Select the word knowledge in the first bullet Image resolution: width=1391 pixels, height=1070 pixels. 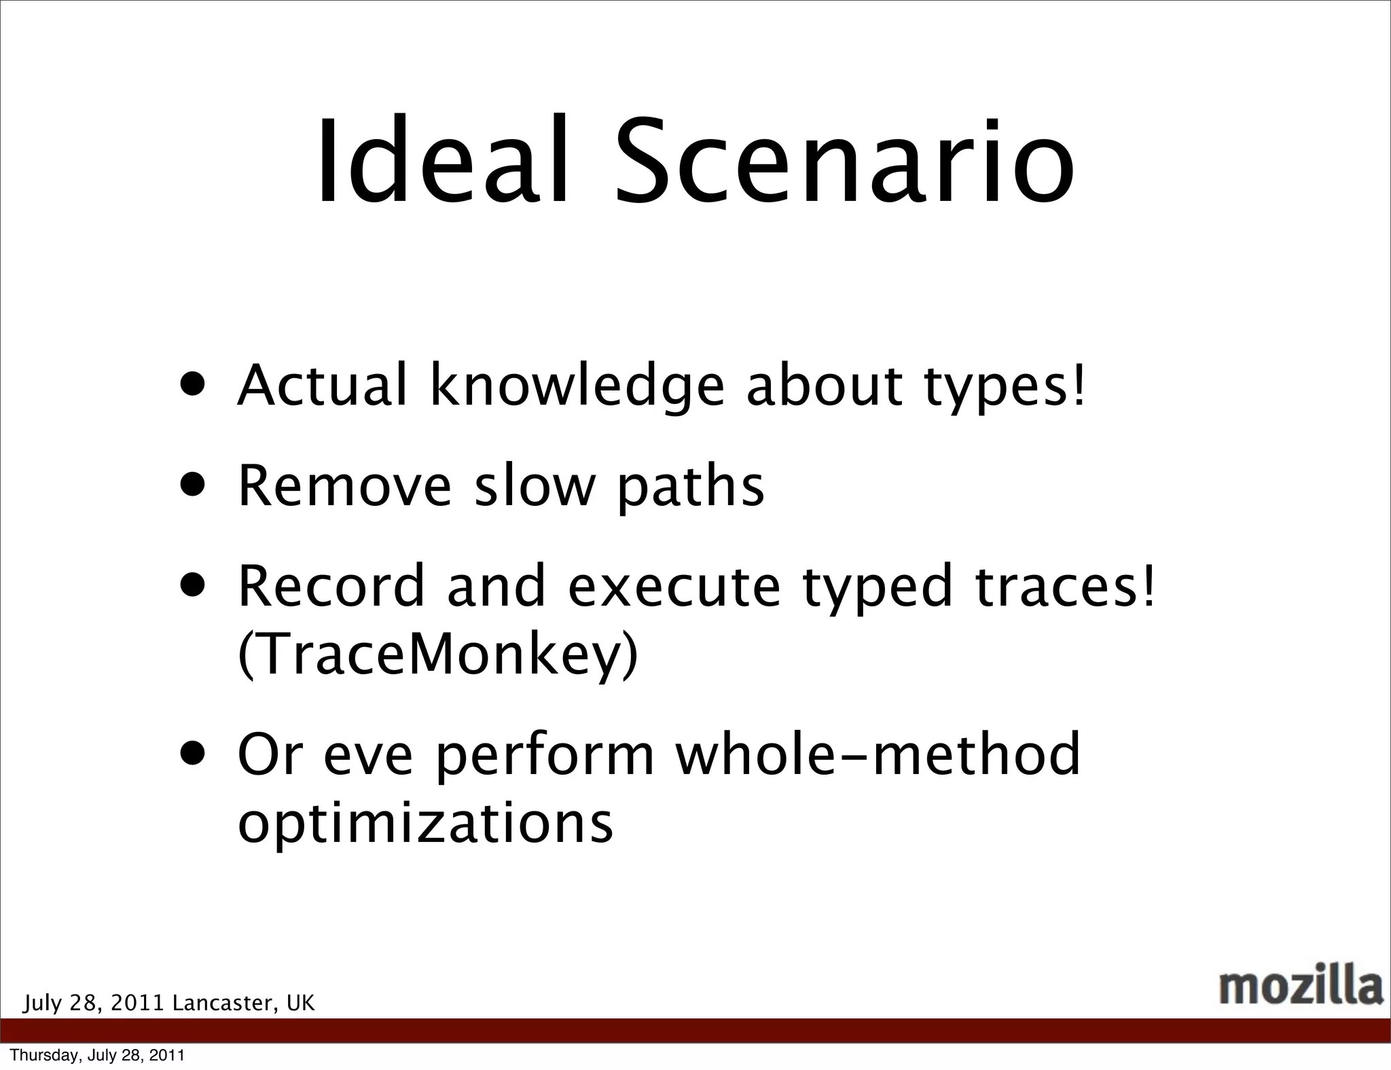pos(577,386)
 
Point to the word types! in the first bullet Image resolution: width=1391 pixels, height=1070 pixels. pos(1005,388)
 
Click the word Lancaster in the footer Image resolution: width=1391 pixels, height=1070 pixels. pos(225,1003)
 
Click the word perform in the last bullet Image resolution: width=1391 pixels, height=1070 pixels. pos(544,756)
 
